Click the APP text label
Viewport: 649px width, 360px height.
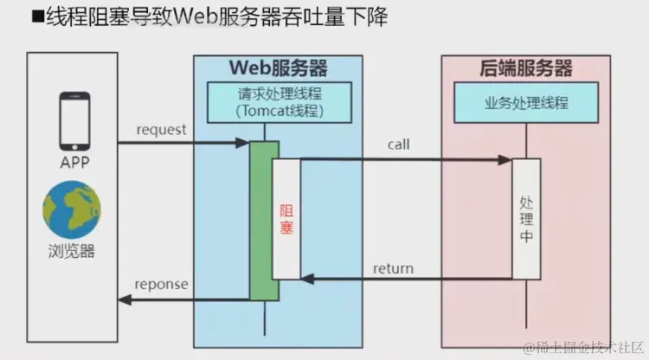pos(72,163)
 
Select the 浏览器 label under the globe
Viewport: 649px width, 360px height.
pos(72,252)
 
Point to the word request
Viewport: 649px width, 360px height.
pos(161,130)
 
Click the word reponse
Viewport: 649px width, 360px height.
pos(161,285)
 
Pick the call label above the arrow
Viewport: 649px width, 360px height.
pos(398,145)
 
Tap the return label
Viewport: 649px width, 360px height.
pos(393,267)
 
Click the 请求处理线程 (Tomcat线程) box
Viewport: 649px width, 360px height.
pos(280,101)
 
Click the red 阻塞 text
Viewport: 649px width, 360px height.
pos(286,219)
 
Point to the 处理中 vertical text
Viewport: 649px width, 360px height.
pos(525,219)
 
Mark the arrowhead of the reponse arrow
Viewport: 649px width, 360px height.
pos(124,299)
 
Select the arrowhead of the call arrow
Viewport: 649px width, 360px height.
pos(505,159)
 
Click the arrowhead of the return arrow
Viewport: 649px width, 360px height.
pos(306,280)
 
